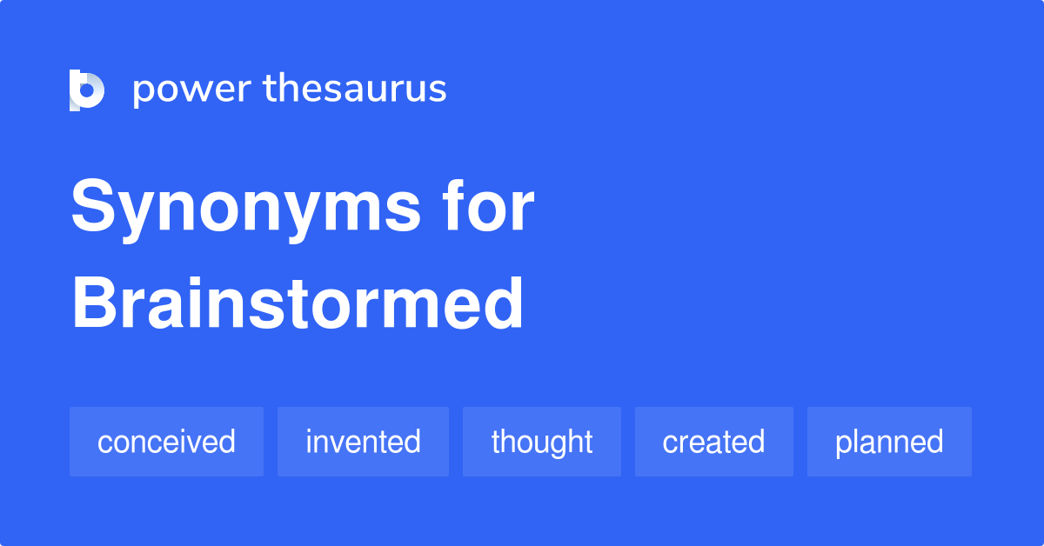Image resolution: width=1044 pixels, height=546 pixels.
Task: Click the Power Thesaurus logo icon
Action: [x=87, y=90]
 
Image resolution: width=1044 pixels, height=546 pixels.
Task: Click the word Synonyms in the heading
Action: [x=245, y=209]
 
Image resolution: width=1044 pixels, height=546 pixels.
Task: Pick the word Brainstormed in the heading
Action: [x=298, y=303]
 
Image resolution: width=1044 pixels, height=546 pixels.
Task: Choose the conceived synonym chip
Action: [x=166, y=442]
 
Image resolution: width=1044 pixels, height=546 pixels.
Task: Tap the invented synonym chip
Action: [x=363, y=442]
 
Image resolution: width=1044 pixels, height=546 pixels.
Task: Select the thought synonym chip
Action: [x=541, y=442]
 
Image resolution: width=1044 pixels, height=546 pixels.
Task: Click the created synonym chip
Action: [x=714, y=442]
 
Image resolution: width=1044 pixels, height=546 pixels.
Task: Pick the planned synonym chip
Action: [x=889, y=442]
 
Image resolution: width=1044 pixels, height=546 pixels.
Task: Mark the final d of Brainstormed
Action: [x=504, y=303]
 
